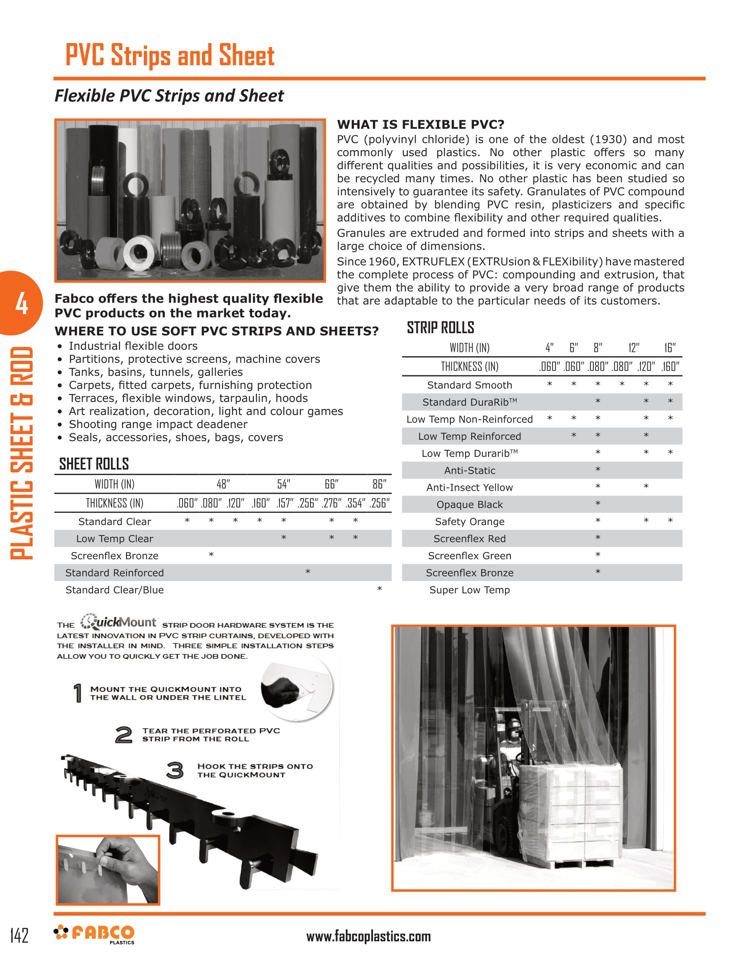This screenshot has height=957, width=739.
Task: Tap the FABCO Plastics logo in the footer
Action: click(94, 934)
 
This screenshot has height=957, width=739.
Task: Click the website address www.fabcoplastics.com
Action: click(368, 936)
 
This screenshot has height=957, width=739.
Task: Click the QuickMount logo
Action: click(119, 622)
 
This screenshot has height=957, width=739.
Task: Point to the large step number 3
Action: click(175, 770)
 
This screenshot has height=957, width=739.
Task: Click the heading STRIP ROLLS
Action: click(440, 328)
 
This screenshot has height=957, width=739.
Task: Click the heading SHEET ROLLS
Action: click(94, 464)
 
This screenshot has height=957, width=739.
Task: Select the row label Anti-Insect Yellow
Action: click(469, 487)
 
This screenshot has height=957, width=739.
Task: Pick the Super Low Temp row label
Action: click(469, 590)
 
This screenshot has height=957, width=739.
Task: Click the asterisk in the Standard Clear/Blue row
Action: click(379, 589)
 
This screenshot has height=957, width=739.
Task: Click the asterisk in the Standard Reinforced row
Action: click(308, 572)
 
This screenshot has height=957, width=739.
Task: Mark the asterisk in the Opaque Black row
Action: click(598, 503)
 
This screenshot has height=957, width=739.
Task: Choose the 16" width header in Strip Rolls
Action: click(670, 348)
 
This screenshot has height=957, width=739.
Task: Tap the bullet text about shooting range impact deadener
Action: click(158, 424)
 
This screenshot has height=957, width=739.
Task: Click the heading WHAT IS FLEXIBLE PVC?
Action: click(420, 124)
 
